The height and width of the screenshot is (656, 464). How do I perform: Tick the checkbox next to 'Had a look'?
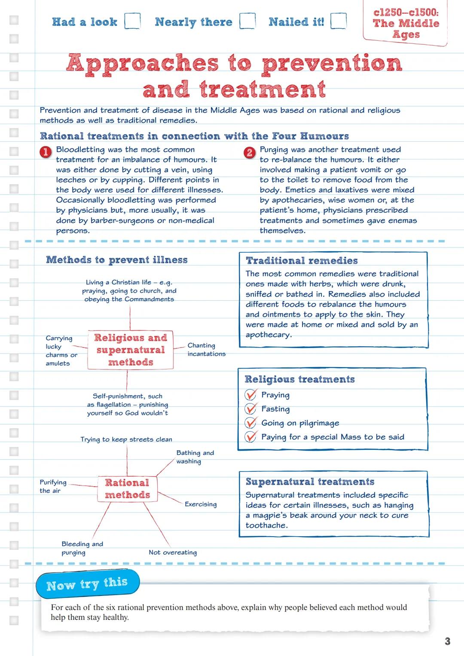point(132,21)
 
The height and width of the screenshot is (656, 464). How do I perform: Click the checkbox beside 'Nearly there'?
point(247,21)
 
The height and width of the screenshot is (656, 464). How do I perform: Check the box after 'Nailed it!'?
point(338,21)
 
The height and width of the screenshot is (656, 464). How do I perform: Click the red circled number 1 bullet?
point(46,152)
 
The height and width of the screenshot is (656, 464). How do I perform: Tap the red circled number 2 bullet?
point(250,152)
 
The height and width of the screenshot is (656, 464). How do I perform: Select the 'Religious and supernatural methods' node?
point(131,350)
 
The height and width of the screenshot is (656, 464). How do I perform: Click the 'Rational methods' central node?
point(127,488)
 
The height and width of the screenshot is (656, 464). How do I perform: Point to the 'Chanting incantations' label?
point(206,350)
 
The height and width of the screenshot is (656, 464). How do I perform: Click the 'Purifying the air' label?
point(53,486)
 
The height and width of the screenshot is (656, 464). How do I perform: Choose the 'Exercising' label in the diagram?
point(201,504)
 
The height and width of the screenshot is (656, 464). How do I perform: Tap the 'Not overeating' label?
point(173,552)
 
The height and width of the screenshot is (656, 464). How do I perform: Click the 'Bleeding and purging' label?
point(82,548)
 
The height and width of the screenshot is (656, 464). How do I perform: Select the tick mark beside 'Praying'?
point(250,395)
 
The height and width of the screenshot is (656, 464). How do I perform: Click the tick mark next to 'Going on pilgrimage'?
point(250,423)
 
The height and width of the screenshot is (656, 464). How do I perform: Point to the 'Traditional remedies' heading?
point(302,260)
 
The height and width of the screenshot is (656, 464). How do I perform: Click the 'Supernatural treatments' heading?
point(310,482)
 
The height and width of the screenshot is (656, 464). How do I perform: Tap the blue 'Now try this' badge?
point(87,584)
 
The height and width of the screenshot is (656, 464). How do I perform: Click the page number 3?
point(447,641)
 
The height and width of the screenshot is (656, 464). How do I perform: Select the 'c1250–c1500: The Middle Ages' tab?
point(406,23)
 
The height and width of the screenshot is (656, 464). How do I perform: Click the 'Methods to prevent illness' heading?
point(117,259)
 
